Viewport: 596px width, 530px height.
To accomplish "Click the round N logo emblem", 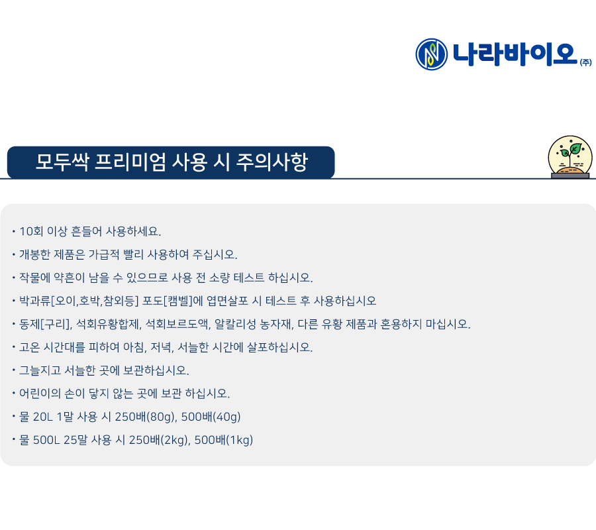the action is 431,54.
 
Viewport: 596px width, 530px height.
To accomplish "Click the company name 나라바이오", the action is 515,54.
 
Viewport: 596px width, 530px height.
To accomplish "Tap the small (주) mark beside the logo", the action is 586,62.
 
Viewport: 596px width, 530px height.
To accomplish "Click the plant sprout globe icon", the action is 570,156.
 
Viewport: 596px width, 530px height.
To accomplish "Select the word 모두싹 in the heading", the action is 62,162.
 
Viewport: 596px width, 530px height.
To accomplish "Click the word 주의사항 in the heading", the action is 272,162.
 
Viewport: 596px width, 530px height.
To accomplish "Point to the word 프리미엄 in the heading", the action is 130,162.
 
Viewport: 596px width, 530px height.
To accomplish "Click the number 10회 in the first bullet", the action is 31,231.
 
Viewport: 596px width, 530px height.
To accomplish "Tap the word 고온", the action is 30,347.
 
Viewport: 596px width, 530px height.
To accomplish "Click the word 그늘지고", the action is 40,370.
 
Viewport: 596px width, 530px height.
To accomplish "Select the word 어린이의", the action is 40,394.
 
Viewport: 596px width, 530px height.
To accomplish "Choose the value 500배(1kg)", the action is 224,440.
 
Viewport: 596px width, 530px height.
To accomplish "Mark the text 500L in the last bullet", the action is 46,440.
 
